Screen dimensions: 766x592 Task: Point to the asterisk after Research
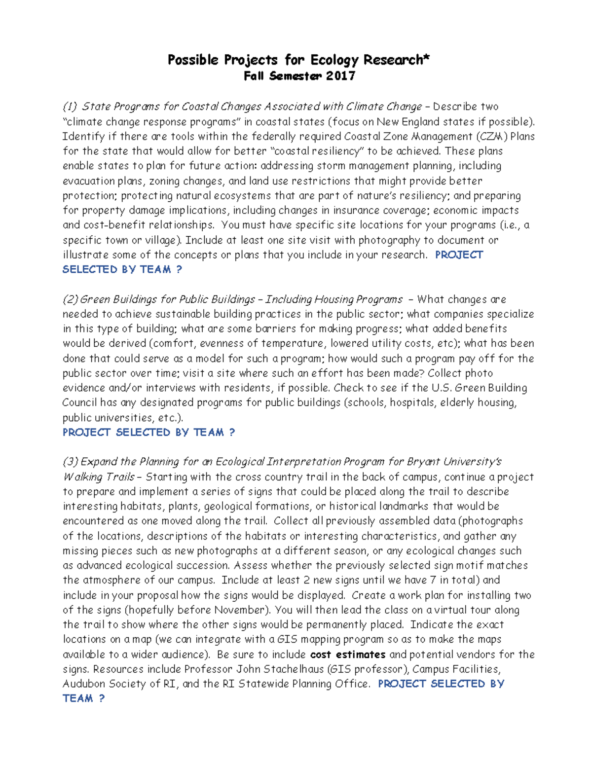427,58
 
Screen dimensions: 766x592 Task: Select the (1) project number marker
70,107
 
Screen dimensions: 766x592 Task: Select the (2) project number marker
70,299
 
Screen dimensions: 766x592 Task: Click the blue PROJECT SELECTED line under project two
148,432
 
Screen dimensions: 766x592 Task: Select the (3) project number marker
70,462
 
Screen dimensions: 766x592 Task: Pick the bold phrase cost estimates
348,654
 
